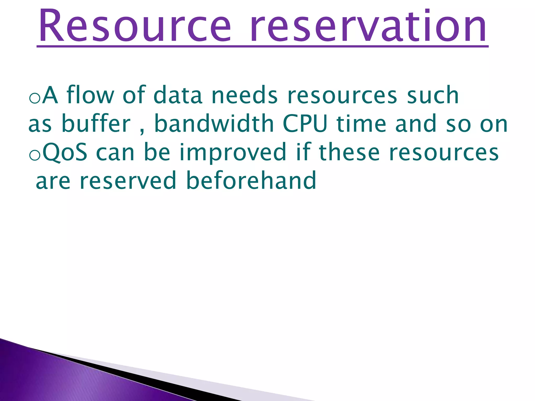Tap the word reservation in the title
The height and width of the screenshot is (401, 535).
tap(369, 26)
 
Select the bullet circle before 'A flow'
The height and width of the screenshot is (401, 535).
tap(34, 98)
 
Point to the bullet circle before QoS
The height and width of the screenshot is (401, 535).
tap(34, 156)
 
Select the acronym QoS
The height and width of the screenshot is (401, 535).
tap(65, 152)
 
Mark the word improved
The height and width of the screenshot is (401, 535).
tap(233, 152)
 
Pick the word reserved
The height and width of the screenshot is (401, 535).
tap(128, 181)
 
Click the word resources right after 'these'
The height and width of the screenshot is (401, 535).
tap(444, 152)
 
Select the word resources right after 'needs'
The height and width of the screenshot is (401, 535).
tap(342, 95)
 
